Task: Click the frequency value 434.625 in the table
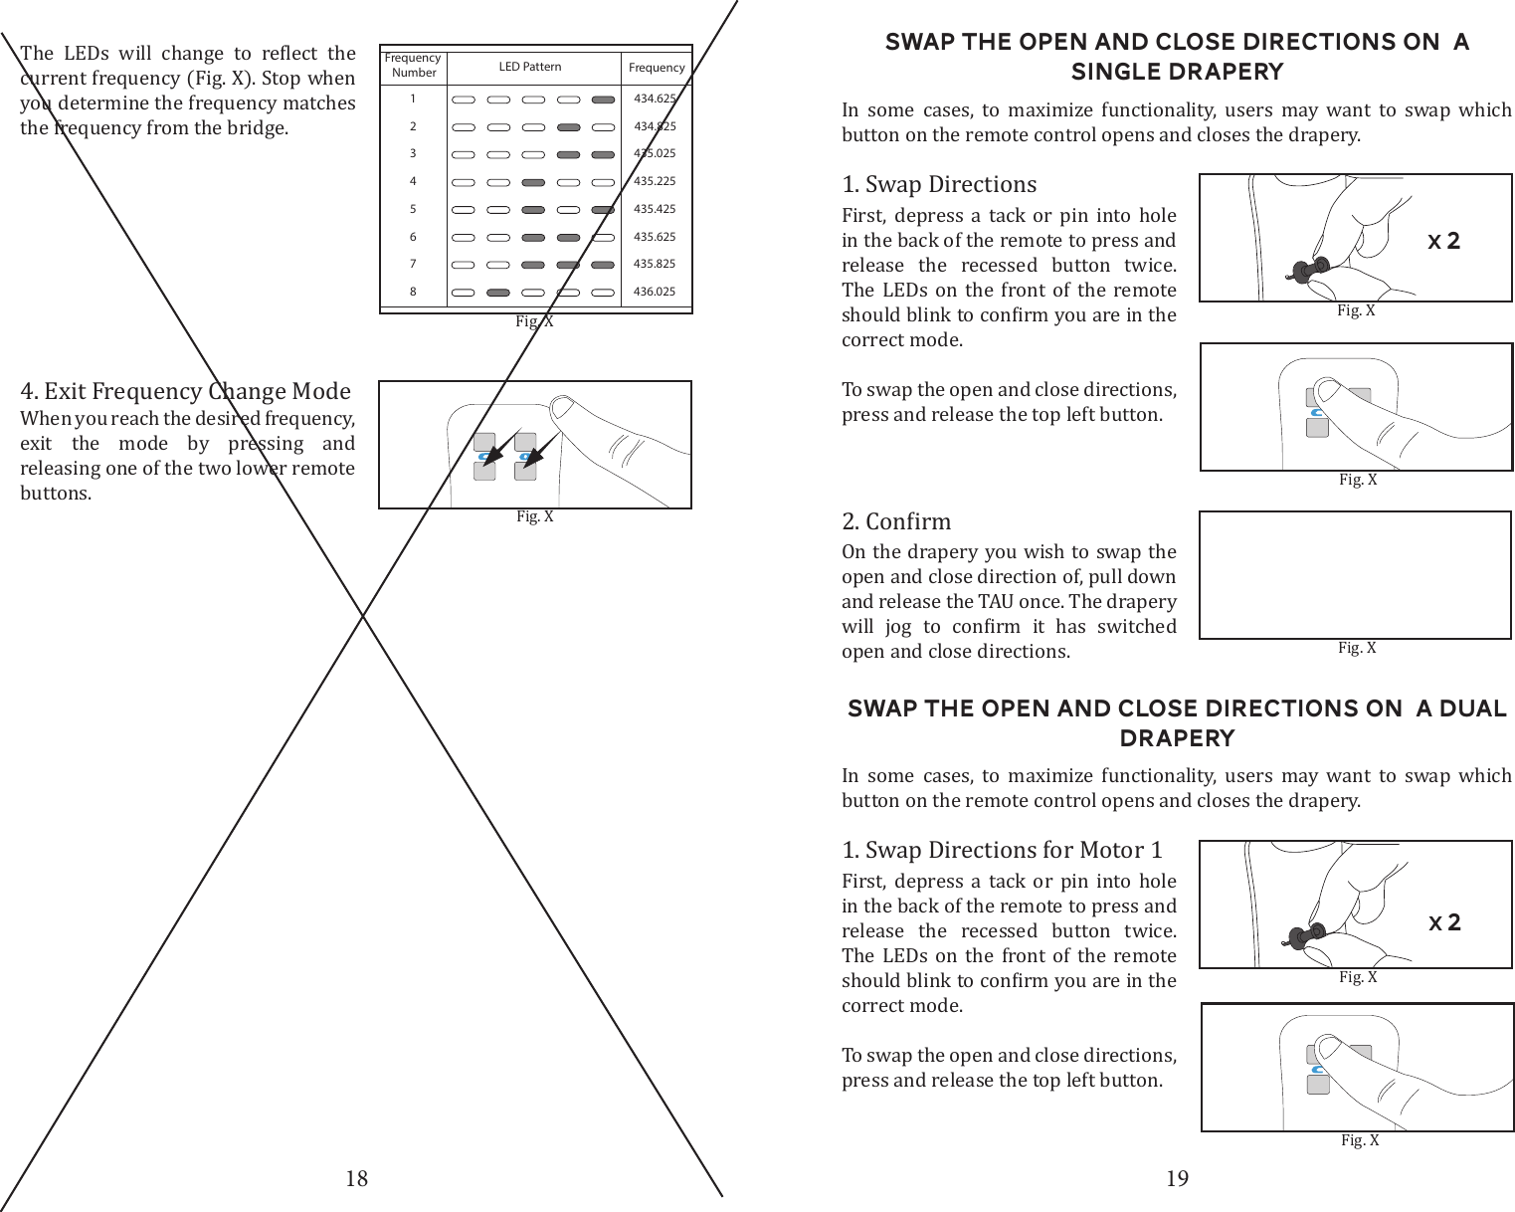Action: [655, 99]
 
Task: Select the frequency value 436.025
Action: [655, 293]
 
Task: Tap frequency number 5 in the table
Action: [413, 210]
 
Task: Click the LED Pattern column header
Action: [529, 67]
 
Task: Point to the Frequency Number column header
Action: [413, 66]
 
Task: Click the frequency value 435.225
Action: [655, 182]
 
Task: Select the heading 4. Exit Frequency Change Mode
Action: [186, 391]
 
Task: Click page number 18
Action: [356, 1179]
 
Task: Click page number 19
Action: [1177, 1179]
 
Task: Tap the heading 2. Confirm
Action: [896, 521]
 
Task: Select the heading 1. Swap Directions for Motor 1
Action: [1002, 850]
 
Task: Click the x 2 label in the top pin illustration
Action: [1443, 241]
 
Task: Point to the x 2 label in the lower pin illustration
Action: [1444, 922]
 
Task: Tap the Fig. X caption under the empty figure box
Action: [1357, 648]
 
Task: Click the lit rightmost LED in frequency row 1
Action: [602, 100]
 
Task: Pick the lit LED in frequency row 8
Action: [498, 294]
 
